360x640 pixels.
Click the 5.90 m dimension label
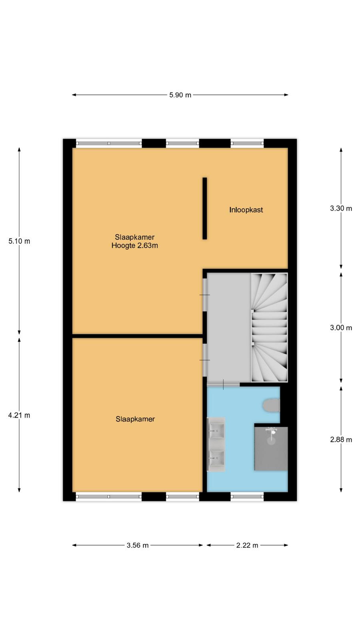coord(180,95)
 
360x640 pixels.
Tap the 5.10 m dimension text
coord(19,241)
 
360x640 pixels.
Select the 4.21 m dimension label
coord(19,416)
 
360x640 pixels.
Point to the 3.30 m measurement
coord(341,208)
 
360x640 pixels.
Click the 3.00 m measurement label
coord(341,328)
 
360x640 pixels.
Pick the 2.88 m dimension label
coord(341,440)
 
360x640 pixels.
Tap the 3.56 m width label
coord(138,546)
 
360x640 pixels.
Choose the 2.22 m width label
coord(247,546)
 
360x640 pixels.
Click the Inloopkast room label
coord(246,210)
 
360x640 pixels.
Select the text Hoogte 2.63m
coord(134,246)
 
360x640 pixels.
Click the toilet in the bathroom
coord(271,406)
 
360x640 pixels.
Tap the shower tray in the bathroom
coord(271,448)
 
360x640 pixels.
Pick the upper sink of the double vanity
coord(216,430)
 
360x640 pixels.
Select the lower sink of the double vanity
coord(216,458)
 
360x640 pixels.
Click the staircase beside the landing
coord(269,328)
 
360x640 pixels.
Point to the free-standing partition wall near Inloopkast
coord(204,208)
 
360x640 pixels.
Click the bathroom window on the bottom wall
coord(247,496)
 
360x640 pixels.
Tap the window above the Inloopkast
coord(247,143)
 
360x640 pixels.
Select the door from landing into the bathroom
coord(223,384)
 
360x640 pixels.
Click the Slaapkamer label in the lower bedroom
coord(135,419)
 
